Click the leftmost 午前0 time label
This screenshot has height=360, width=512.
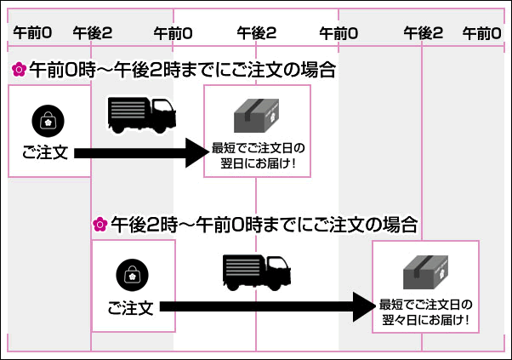tap(31, 33)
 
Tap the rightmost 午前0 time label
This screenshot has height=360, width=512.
tap(481, 33)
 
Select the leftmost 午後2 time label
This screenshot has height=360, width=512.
tap(93, 33)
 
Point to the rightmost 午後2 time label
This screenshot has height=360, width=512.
tap(424, 33)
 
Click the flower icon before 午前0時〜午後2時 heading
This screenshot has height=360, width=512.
tap(17, 70)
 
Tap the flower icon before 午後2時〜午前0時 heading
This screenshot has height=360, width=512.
tap(100, 225)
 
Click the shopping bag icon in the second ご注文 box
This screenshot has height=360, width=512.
tap(131, 275)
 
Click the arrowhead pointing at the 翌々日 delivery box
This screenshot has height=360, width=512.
tap(361, 306)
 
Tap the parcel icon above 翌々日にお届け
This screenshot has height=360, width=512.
tap(425, 271)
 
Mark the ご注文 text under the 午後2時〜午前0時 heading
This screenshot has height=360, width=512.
tap(131, 307)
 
